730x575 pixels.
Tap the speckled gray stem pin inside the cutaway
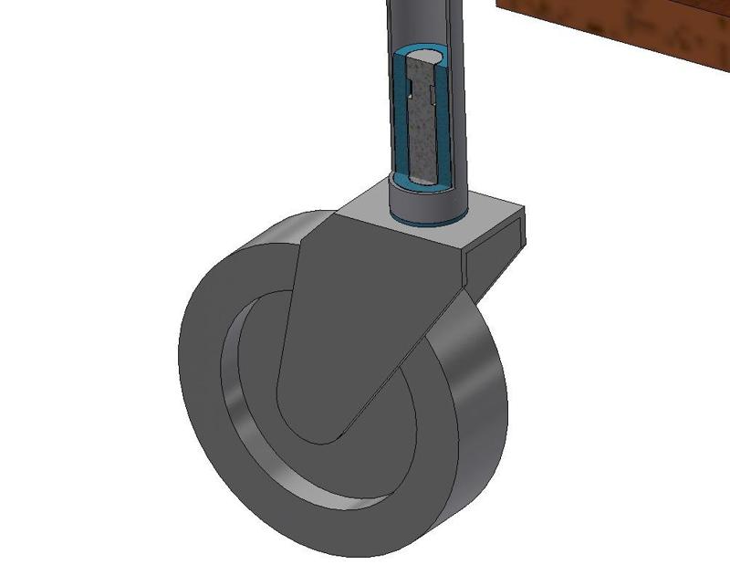tap(421, 137)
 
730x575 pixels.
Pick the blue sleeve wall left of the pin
tap(399, 119)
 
